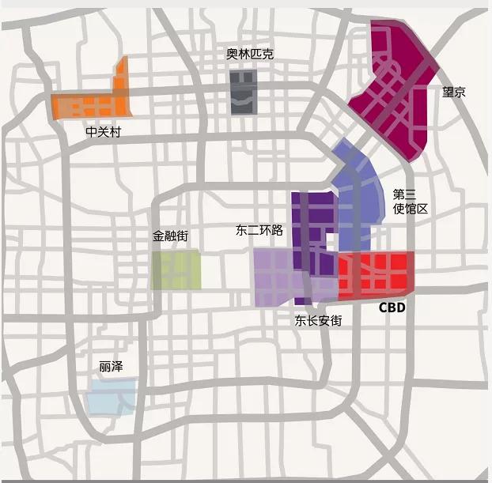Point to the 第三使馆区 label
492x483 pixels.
tap(410, 202)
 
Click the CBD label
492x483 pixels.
tap(391, 308)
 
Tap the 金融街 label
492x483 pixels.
tap(175, 236)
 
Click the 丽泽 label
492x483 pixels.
tap(111, 368)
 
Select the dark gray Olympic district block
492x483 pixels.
tap(244, 91)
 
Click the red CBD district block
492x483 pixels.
tap(376, 276)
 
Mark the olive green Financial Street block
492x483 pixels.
tap(176, 270)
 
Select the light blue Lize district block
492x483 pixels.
tap(111, 396)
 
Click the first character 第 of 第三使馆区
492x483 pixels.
tap(399, 194)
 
